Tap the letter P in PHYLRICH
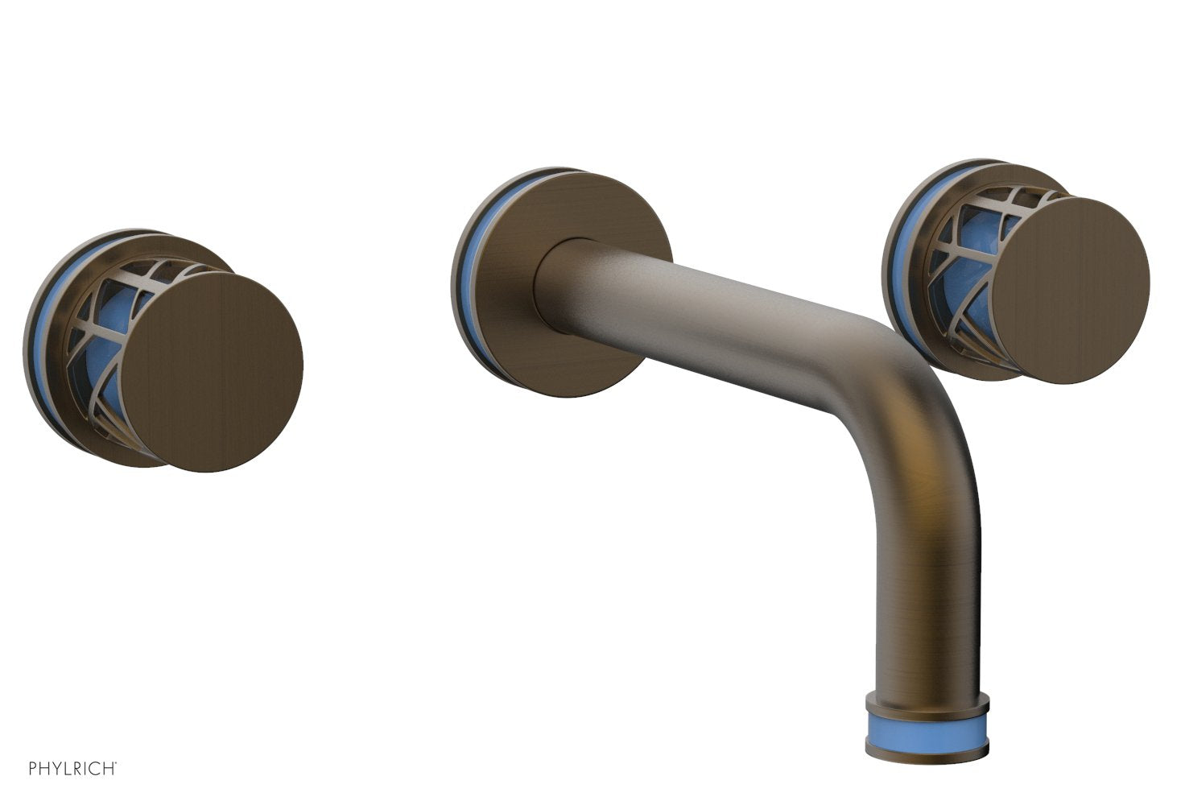click(x=33, y=768)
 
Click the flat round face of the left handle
click(x=213, y=370)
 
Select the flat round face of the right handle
click(x=1070, y=279)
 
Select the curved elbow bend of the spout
click(x=902, y=386)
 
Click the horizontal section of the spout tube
click(x=725, y=314)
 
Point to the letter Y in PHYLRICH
click(x=56, y=768)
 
